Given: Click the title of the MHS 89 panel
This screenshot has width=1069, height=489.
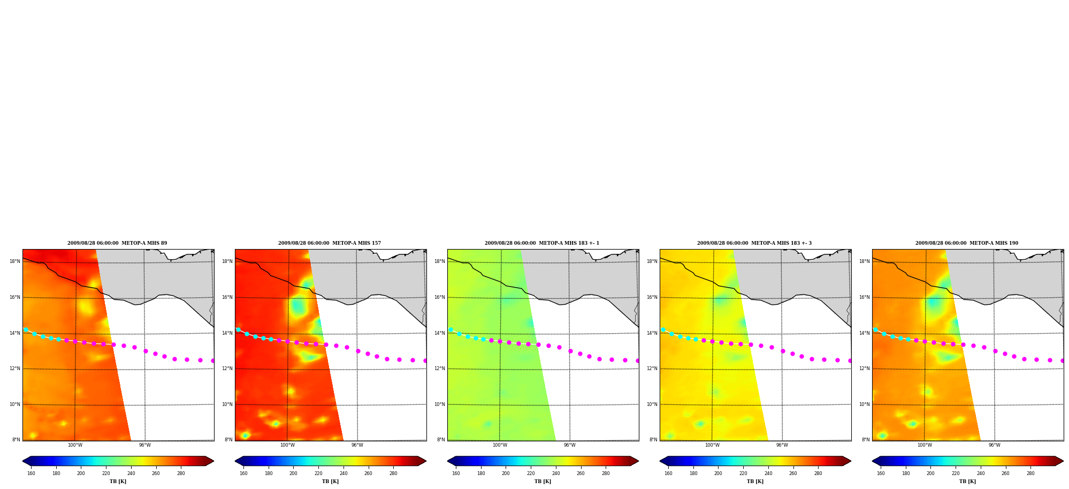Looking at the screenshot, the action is click(x=117, y=243).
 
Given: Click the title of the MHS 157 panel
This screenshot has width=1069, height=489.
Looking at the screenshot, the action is click(x=330, y=243).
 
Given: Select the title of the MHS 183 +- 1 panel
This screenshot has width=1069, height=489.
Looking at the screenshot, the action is click(x=542, y=243).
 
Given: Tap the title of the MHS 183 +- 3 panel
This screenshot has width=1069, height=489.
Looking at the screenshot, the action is click(x=754, y=243).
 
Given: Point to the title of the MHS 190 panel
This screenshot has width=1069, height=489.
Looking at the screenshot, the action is click(x=967, y=243).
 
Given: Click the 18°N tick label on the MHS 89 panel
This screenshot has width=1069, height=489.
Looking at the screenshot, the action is click(x=14, y=261).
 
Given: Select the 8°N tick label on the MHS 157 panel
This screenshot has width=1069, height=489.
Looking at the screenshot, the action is click(x=228, y=440).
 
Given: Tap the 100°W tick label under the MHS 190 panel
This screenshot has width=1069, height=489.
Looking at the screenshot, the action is click(x=925, y=445).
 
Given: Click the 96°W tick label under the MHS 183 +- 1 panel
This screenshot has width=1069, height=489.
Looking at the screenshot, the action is click(x=570, y=445).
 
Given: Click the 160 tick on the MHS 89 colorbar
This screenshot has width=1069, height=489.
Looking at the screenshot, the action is click(x=31, y=473).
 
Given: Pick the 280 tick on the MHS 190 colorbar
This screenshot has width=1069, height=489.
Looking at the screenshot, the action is click(x=1030, y=473).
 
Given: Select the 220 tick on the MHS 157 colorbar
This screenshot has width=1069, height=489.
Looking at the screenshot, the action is click(x=318, y=473).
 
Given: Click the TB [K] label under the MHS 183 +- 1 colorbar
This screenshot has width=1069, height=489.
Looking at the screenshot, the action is click(x=543, y=482).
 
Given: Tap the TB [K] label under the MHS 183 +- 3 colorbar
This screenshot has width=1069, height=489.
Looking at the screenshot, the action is click(x=755, y=482).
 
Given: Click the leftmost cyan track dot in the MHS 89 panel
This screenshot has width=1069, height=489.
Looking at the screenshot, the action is click(x=26, y=329).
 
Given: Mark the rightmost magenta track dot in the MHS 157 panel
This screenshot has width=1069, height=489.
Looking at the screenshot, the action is click(x=425, y=360).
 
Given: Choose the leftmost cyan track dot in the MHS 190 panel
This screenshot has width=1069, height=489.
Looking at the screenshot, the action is click(x=875, y=329).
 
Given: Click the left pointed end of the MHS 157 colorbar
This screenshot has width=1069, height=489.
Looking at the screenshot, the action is click(x=235, y=461).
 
